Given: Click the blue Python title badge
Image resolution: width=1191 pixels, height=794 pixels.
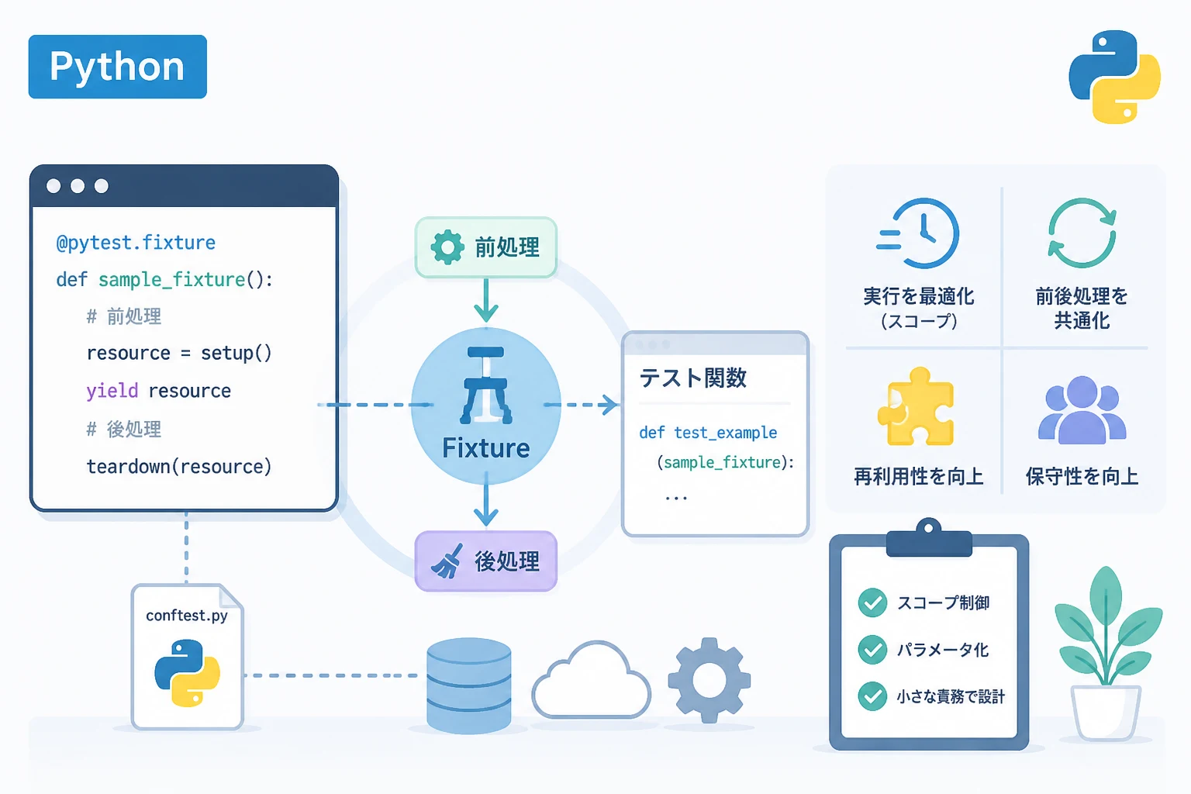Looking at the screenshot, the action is point(118,67).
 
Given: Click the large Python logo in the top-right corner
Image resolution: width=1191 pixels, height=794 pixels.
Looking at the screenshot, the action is point(1114,77).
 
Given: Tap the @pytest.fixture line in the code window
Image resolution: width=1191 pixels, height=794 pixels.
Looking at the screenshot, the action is point(136,243).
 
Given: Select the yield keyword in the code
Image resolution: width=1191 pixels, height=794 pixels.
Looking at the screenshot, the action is point(112,392).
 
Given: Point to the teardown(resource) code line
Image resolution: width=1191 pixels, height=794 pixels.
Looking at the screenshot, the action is point(179,467).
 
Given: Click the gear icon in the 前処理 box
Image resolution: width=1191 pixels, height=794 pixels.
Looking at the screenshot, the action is point(447,247).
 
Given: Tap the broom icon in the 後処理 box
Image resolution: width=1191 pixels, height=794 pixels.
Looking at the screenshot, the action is point(447,561).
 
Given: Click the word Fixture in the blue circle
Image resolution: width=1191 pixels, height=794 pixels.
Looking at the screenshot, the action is point(486,448).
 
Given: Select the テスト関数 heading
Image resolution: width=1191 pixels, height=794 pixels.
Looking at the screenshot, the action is point(692,378).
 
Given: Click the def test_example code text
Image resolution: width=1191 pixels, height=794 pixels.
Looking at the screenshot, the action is point(708,433).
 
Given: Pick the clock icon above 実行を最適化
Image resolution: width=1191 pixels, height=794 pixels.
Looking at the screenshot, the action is point(918,233).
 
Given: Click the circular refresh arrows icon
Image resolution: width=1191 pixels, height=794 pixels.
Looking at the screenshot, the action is point(1082,233).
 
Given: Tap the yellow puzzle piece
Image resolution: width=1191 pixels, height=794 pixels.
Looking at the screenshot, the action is point(916,406).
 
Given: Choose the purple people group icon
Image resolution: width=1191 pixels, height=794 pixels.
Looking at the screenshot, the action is point(1082,409).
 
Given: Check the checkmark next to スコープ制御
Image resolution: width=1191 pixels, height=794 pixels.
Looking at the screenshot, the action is point(872,602).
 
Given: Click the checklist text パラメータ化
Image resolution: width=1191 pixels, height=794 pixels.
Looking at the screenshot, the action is point(943,649).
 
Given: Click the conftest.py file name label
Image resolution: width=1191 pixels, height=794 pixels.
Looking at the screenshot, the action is point(187,616).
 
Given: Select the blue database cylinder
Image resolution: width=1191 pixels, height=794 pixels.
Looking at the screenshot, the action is point(469,685).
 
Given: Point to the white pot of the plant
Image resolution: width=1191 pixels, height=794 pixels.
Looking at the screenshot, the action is point(1106,712).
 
